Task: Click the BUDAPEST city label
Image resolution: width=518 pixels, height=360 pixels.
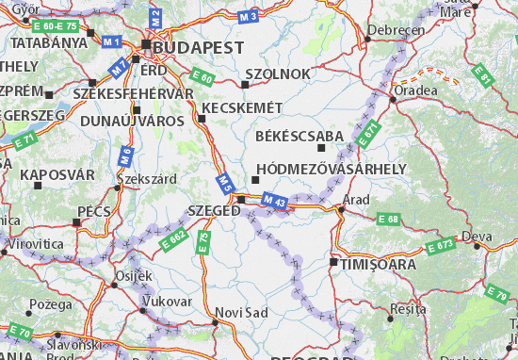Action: pos(200,46)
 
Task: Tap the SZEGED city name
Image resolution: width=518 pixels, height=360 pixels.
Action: pos(214,211)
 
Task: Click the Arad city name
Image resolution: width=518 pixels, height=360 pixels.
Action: pos(357,200)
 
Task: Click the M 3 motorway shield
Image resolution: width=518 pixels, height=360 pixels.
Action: pos(248,17)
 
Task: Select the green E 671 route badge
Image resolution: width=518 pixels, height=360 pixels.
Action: pos(370,131)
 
